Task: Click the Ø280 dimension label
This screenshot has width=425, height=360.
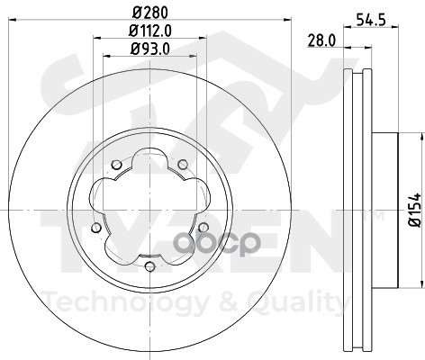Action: click(150, 13)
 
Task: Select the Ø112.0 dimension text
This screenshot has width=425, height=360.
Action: click(150, 31)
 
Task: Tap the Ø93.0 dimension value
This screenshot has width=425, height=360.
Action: click(150, 49)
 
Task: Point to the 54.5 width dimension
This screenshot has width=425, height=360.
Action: click(371, 20)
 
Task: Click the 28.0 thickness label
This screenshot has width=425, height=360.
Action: click(321, 40)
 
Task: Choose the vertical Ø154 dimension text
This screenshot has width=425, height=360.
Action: click(417, 210)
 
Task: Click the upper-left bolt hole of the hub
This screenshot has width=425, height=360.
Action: click(116, 165)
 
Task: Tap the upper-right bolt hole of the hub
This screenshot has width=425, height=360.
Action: click(183, 164)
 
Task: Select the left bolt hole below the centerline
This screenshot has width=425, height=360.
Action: click(96, 228)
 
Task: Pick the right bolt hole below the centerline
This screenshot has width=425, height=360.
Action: click(203, 228)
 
